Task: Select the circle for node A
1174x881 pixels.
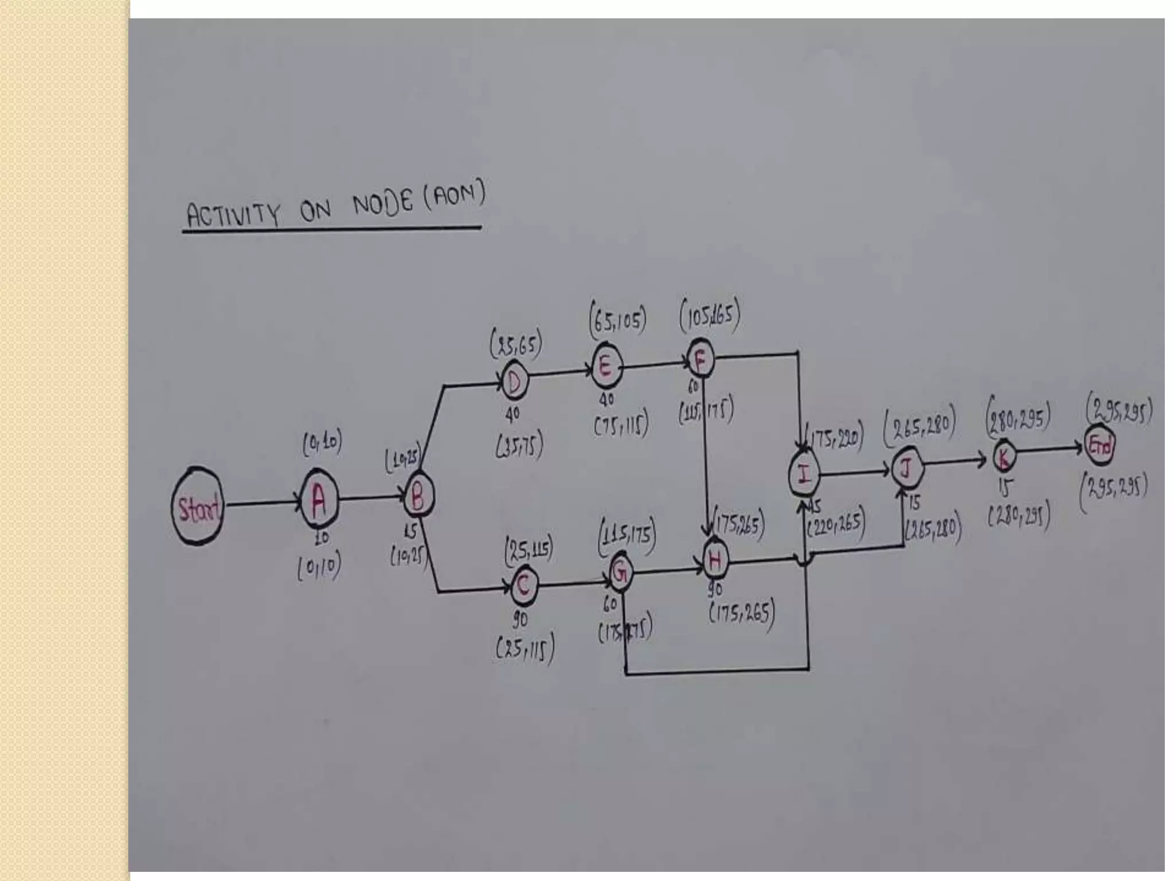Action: (319, 501)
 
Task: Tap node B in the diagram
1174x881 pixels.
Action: (418, 497)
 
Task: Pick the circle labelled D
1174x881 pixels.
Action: (514, 381)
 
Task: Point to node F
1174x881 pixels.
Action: (700, 358)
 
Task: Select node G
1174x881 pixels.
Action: (620, 571)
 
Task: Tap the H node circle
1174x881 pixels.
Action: (715, 560)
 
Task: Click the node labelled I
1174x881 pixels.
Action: (804, 474)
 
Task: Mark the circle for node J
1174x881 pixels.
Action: (906, 469)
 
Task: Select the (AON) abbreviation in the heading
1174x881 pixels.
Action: (455, 195)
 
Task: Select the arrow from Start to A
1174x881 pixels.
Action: (263, 504)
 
